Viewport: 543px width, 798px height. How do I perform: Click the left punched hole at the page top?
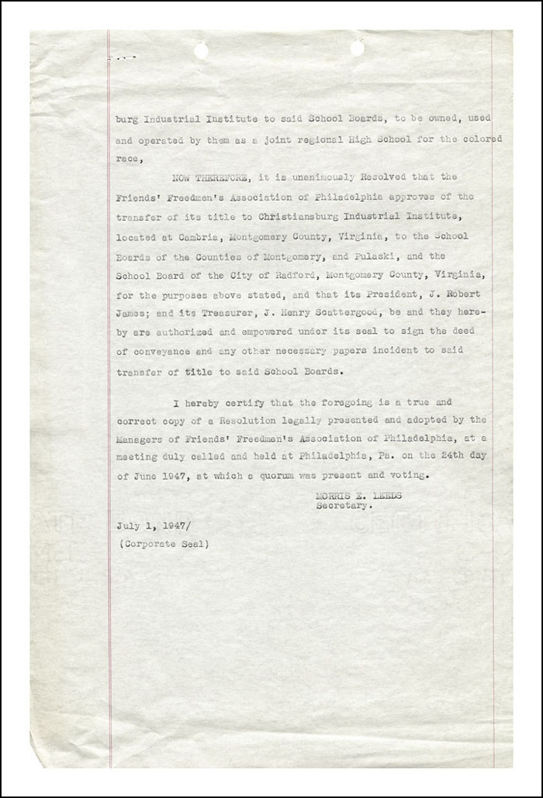point(201,50)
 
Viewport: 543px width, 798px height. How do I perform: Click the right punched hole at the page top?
point(358,48)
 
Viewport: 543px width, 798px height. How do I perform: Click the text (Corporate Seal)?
point(164,545)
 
